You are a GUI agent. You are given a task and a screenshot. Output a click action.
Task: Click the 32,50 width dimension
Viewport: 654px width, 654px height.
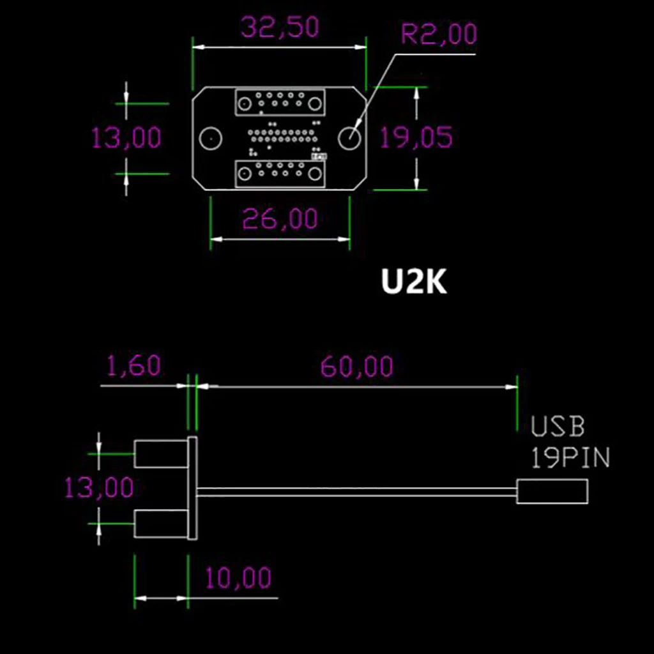tap(280, 27)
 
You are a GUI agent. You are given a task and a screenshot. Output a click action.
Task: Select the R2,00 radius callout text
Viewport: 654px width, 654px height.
tap(439, 34)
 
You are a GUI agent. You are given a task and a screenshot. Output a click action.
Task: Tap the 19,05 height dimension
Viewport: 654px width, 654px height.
tap(416, 137)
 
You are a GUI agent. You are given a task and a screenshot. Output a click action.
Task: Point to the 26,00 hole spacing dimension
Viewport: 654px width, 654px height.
tap(280, 218)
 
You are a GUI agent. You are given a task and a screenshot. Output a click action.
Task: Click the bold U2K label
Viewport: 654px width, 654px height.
tap(414, 282)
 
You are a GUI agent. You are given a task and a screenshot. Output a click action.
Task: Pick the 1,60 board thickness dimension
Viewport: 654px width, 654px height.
tap(134, 365)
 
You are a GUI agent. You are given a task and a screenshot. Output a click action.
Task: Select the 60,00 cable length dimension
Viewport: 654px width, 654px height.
tap(356, 366)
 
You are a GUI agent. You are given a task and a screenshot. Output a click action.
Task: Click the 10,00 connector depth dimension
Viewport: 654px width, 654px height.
tap(238, 577)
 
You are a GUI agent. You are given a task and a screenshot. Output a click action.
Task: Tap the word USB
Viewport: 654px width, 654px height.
tap(558, 426)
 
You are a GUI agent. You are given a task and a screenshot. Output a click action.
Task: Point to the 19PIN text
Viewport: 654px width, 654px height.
tap(570, 457)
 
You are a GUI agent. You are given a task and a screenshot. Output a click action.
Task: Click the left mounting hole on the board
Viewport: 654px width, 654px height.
tap(211, 139)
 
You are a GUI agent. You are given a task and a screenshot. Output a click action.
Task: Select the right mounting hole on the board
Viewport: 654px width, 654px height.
tap(349, 138)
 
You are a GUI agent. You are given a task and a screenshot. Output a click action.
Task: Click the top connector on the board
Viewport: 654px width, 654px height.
tap(280, 102)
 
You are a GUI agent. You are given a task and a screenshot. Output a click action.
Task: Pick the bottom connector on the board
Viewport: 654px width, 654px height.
tap(280, 174)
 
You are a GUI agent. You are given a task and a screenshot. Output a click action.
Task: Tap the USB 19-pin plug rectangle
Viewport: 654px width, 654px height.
tap(552, 491)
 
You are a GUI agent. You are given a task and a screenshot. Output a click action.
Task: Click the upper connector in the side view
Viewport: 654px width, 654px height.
tap(161, 453)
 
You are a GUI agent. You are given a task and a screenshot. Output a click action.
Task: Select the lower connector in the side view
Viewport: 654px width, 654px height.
tap(161, 524)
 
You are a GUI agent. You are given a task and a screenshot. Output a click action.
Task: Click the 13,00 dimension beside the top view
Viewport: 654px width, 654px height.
tap(126, 138)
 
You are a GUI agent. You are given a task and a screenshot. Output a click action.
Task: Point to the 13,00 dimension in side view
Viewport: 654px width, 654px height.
tap(99, 487)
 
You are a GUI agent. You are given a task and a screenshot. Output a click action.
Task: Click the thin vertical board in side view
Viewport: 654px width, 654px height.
tap(192, 488)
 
